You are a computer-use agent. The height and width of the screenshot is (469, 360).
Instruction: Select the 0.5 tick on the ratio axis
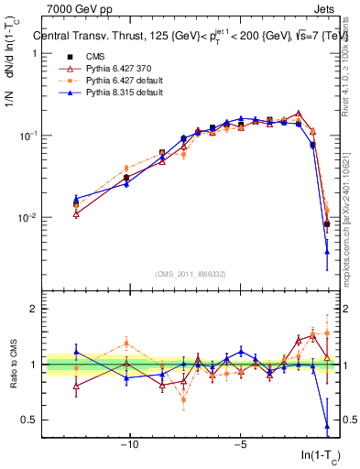pos(31,420)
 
